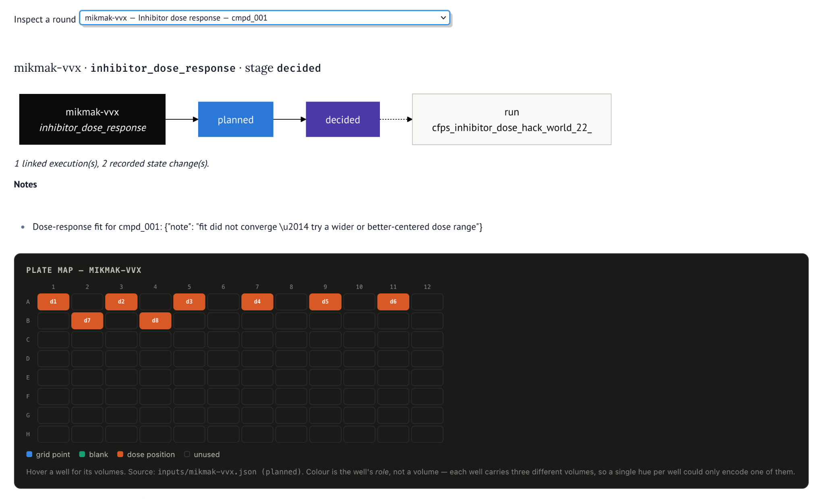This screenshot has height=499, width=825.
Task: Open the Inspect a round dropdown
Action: [x=264, y=18]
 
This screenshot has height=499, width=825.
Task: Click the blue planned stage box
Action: [x=236, y=119]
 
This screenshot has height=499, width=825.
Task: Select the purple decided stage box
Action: [x=343, y=119]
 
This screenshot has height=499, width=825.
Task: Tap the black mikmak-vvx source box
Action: [x=92, y=119]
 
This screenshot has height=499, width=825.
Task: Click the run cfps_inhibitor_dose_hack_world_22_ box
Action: [x=512, y=119]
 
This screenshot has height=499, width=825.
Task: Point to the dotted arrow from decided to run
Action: [x=396, y=119]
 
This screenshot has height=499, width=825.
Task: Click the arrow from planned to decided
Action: [x=290, y=119]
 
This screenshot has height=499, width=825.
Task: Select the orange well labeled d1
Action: [x=53, y=301]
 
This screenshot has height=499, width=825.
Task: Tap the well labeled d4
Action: [x=257, y=301]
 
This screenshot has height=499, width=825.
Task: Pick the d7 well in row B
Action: [x=87, y=320]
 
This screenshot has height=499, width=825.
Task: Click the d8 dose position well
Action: [x=155, y=320]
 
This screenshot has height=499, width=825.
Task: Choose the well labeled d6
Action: [x=393, y=301]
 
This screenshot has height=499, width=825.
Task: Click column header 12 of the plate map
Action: [x=427, y=287]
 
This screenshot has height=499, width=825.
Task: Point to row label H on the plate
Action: [x=28, y=434]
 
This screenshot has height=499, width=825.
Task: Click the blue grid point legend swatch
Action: [x=29, y=454]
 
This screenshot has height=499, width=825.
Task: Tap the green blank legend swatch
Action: [x=82, y=454]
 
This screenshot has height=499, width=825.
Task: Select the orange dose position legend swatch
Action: [x=120, y=454]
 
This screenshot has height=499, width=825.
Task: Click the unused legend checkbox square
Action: [x=187, y=454]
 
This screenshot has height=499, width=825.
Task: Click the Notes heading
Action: [x=25, y=184]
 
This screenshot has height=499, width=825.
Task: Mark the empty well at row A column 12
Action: [x=427, y=301]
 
